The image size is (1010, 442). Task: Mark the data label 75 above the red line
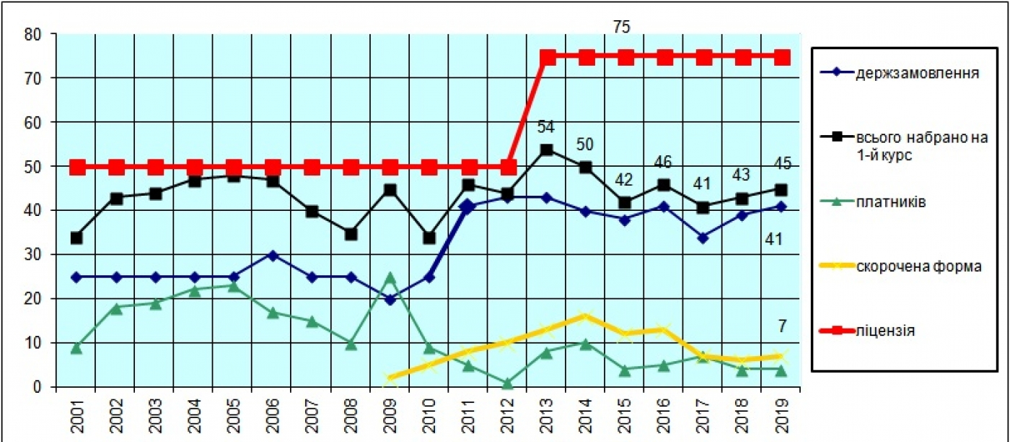(x=621, y=27)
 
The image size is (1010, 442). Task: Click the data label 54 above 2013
(x=546, y=127)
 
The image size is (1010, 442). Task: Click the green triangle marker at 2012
(x=508, y=383)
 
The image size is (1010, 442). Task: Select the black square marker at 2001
(x=76, y=238)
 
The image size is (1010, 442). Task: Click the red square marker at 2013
(x=547, y=57)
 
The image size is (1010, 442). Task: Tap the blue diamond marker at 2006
(x=273, y=255)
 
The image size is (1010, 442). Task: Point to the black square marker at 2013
(x=547, y=149)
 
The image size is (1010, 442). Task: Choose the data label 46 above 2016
(x=663, y=162)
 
